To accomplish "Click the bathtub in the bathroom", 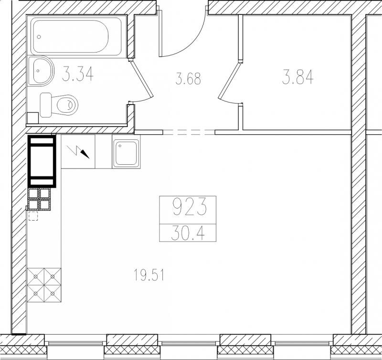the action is click(76, 36).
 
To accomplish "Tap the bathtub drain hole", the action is click(39, 37).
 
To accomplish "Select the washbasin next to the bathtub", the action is click(41, 71).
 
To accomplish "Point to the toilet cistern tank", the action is click(46, 105).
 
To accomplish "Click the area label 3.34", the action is click(78, 74).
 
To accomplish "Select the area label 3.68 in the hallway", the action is click(188, 79).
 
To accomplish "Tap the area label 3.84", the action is click(297, 78).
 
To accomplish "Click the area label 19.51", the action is click(149, 275).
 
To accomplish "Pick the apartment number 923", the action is click(190, 207).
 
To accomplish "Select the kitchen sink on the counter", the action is click(126, 152).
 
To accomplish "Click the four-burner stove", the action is click(44, 285).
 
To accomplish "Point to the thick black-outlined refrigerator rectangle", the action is click(42, 161).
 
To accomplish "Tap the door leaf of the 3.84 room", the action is click(229, 80).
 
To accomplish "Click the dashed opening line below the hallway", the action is click(189, 132).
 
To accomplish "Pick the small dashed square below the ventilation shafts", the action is click(33, 216).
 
